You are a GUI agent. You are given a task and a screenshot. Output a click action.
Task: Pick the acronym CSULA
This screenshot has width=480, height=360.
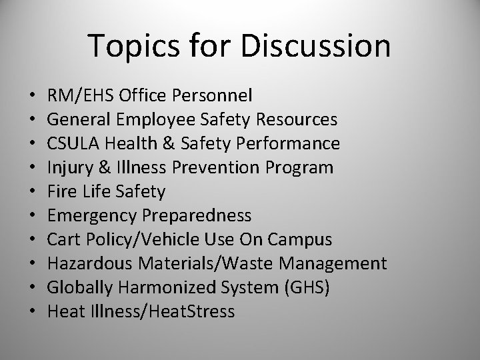coord(68,144)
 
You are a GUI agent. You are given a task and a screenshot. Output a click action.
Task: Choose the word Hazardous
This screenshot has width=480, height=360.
coord(81,264)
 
